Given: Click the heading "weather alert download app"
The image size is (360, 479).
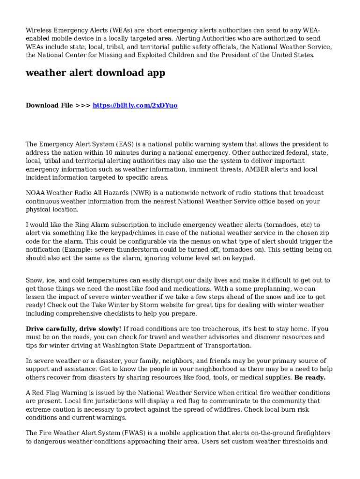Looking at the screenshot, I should [95, 73].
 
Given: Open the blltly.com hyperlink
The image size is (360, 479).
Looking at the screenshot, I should [135, 105].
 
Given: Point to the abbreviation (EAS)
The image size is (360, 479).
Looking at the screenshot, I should [125, 145].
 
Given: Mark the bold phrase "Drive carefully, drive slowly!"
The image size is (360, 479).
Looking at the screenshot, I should [73, 329].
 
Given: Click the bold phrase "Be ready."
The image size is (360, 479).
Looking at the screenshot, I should [310, 377].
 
